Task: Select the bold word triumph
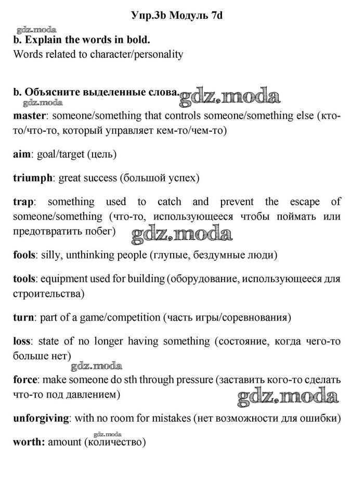pyautogui.click(x=32, y=178)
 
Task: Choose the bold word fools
pyautogui.click(x=24, y=255)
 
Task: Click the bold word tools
pyautogui.click(x=24, y=279)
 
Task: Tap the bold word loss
pyautogui.click(x=22, y=342)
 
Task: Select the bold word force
pyautogui.click(x=24, y=380)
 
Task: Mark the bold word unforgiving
pyautogui.click(x=41, y=418)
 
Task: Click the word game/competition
pyautogui.click(x=115, y=317)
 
